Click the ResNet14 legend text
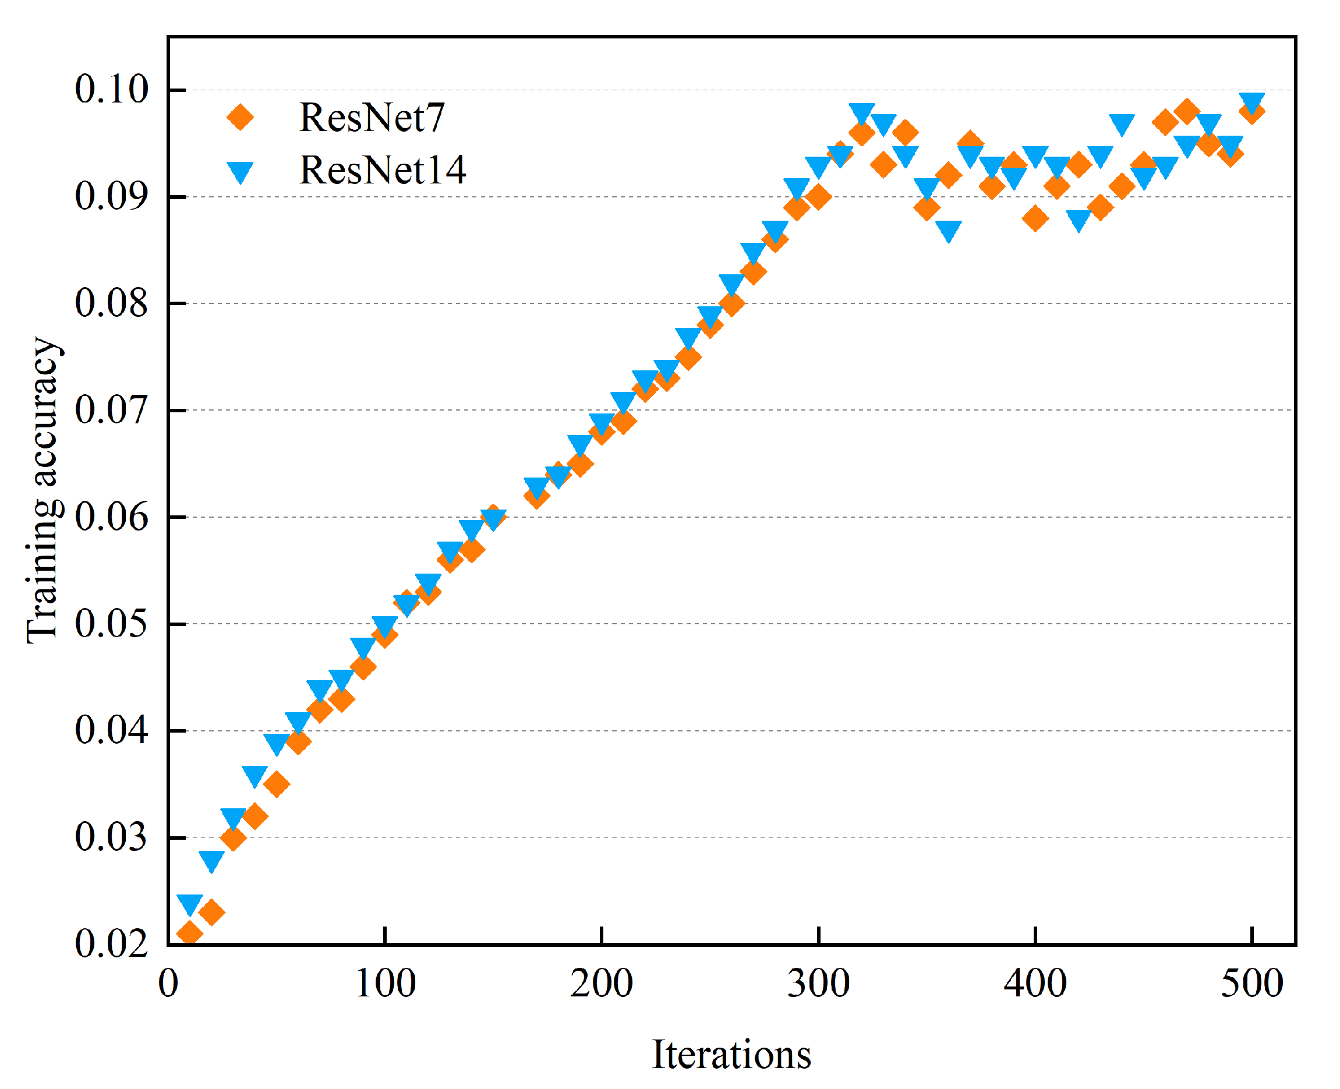point(383,170)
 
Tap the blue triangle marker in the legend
point(240,171)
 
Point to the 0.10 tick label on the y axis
point(111,89)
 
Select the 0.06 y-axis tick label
point(111,518)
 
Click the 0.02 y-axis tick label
point(111,944)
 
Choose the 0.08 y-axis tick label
point(111,303)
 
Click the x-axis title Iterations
point(731,1055)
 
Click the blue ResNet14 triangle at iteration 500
point(1251,102)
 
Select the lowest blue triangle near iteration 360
point(949,231)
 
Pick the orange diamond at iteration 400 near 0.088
point(1035,218)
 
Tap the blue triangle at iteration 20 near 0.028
point(211,861)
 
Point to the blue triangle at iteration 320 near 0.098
point(862,114)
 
